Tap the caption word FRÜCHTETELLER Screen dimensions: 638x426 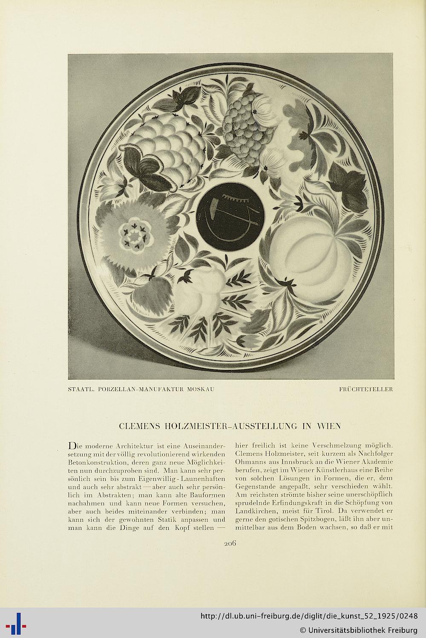tap(366, 389)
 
